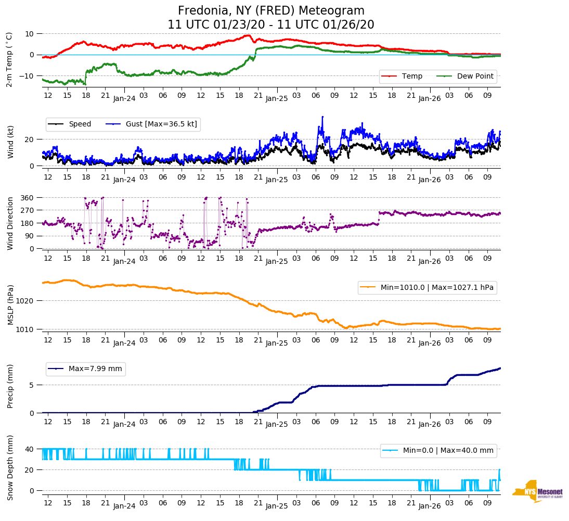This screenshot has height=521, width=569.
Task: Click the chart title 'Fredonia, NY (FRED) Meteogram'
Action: pyautogui.click(x=271, y=11)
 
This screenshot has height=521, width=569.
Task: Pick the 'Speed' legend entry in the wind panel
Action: pyautogui.click(x=80, y=124)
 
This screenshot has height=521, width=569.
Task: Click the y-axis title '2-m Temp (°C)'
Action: pyautogui.click(x=9, y=59)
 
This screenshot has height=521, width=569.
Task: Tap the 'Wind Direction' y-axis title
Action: pyautogui.click(x=10, y=223)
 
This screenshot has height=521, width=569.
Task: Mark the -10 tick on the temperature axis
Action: pyautogui.click(x=27, y=76)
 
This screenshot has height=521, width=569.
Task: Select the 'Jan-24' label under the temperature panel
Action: pyautogui.click(x=124, y=98)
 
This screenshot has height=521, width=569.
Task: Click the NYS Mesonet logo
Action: pyautogui.click(x=538, y=491)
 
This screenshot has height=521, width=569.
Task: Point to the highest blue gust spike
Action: pyautogui.click(x=322, y=117)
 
